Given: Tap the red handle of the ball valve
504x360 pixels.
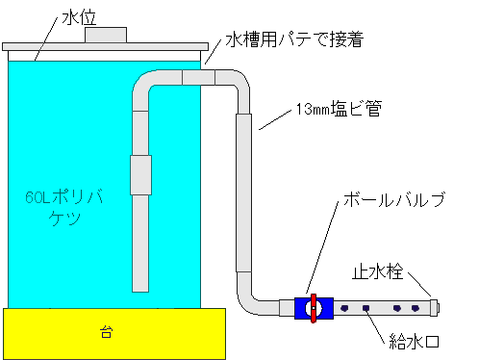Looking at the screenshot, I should tap(313, 307).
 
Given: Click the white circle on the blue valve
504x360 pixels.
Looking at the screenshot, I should tap(309, 308).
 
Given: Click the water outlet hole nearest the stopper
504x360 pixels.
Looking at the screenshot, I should tap(416, 308).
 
